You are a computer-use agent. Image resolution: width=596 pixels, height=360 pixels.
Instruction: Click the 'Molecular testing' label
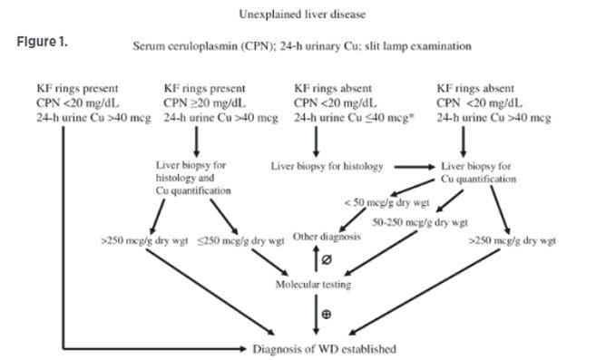tap(313, 284)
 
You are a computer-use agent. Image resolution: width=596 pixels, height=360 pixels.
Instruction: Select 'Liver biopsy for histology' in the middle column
tap(327, 167)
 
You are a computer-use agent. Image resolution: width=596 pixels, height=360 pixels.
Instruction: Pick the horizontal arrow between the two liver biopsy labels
tap(413, 167)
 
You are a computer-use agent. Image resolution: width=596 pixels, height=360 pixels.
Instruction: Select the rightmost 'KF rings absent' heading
tap(477, 90)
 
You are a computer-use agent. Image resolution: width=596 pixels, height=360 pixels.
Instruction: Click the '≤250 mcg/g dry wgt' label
tap(231, 241)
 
